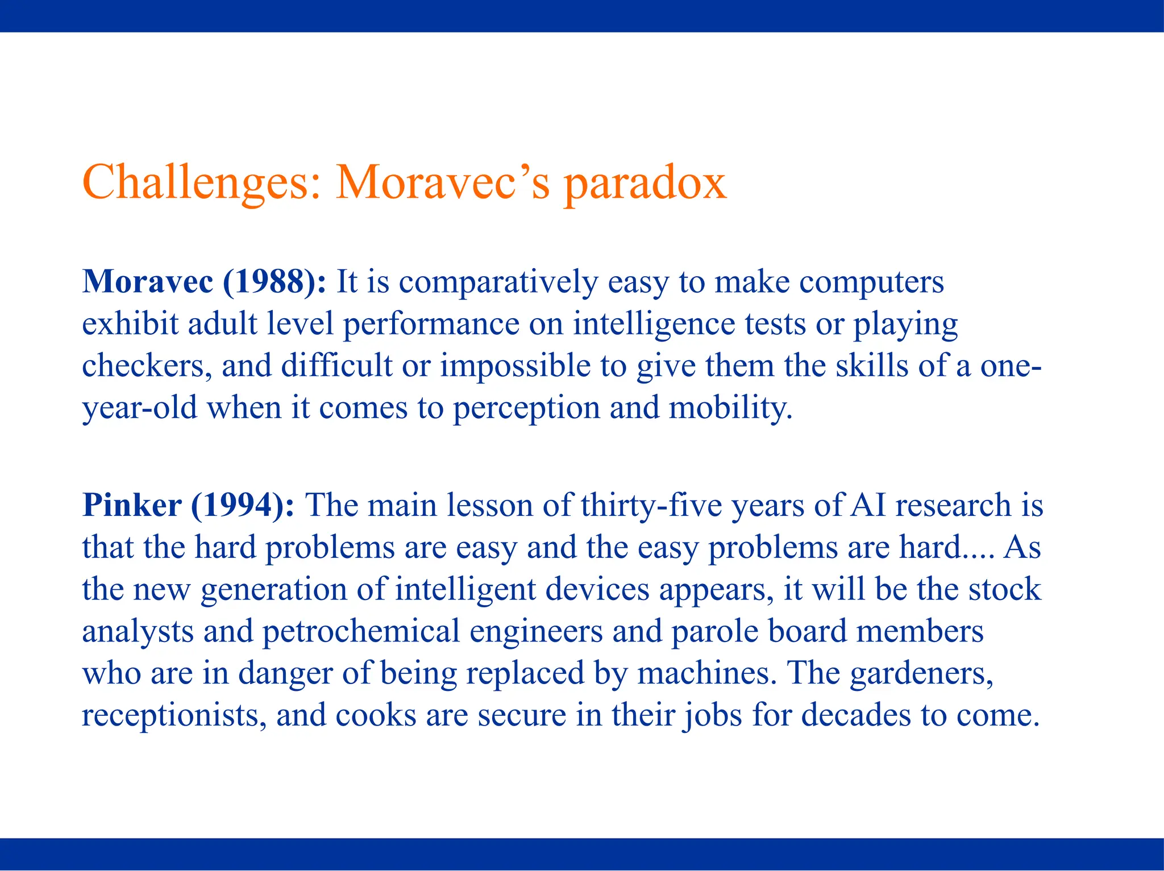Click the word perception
(x=526, y=409)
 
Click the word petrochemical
(x=361, y=631)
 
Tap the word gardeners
(x=921, y=673)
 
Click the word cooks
(x=376, y=715)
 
